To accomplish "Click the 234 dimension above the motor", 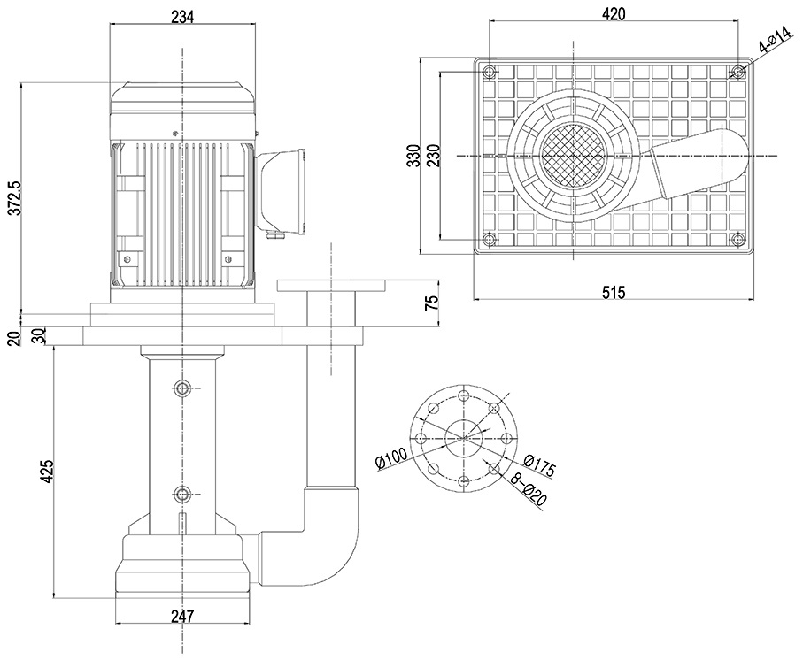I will [181, 15].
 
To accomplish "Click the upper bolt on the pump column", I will [182, 388].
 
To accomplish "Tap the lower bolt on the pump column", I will [182, 494].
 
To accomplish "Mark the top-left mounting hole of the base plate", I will [489, 72].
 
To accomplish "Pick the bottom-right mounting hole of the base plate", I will [738, 239].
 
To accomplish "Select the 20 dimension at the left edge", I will [13, 337].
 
